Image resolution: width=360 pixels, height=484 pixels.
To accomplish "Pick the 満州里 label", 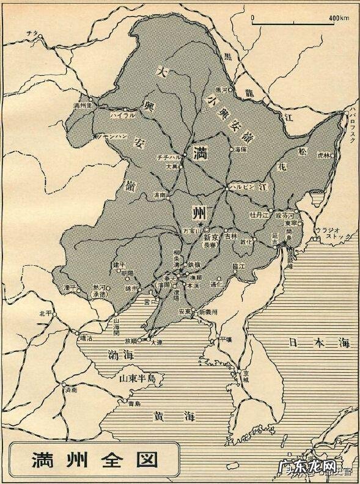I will (x=82, y=106).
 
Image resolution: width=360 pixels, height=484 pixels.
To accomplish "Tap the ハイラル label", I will (x=122, y=115).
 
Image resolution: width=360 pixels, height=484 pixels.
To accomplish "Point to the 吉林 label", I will (x=230, y=235).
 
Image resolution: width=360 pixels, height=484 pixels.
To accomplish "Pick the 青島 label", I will (x=134, y=404).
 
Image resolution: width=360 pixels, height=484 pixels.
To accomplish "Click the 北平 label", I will (x=43, y=313).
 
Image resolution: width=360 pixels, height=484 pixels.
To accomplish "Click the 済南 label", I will (x=72, y=389).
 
